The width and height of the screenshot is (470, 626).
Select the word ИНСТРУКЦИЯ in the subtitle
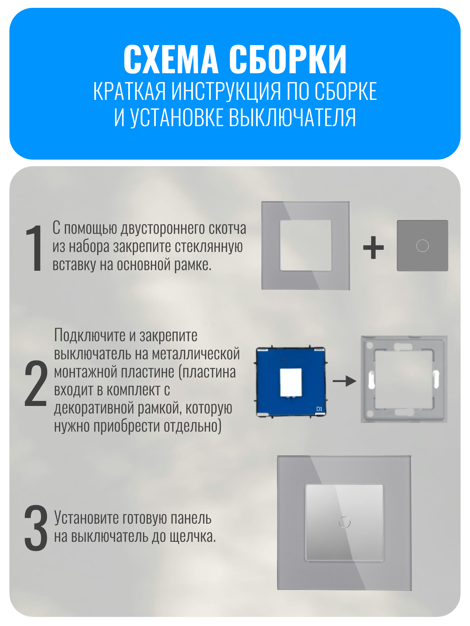226,91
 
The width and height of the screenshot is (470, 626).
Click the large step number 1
35,248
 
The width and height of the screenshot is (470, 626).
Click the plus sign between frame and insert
373,247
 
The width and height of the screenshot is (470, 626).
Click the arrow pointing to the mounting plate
345,381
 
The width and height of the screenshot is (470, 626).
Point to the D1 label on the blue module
319,409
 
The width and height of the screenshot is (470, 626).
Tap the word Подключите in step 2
90,336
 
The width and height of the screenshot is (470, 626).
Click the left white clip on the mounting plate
371,380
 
